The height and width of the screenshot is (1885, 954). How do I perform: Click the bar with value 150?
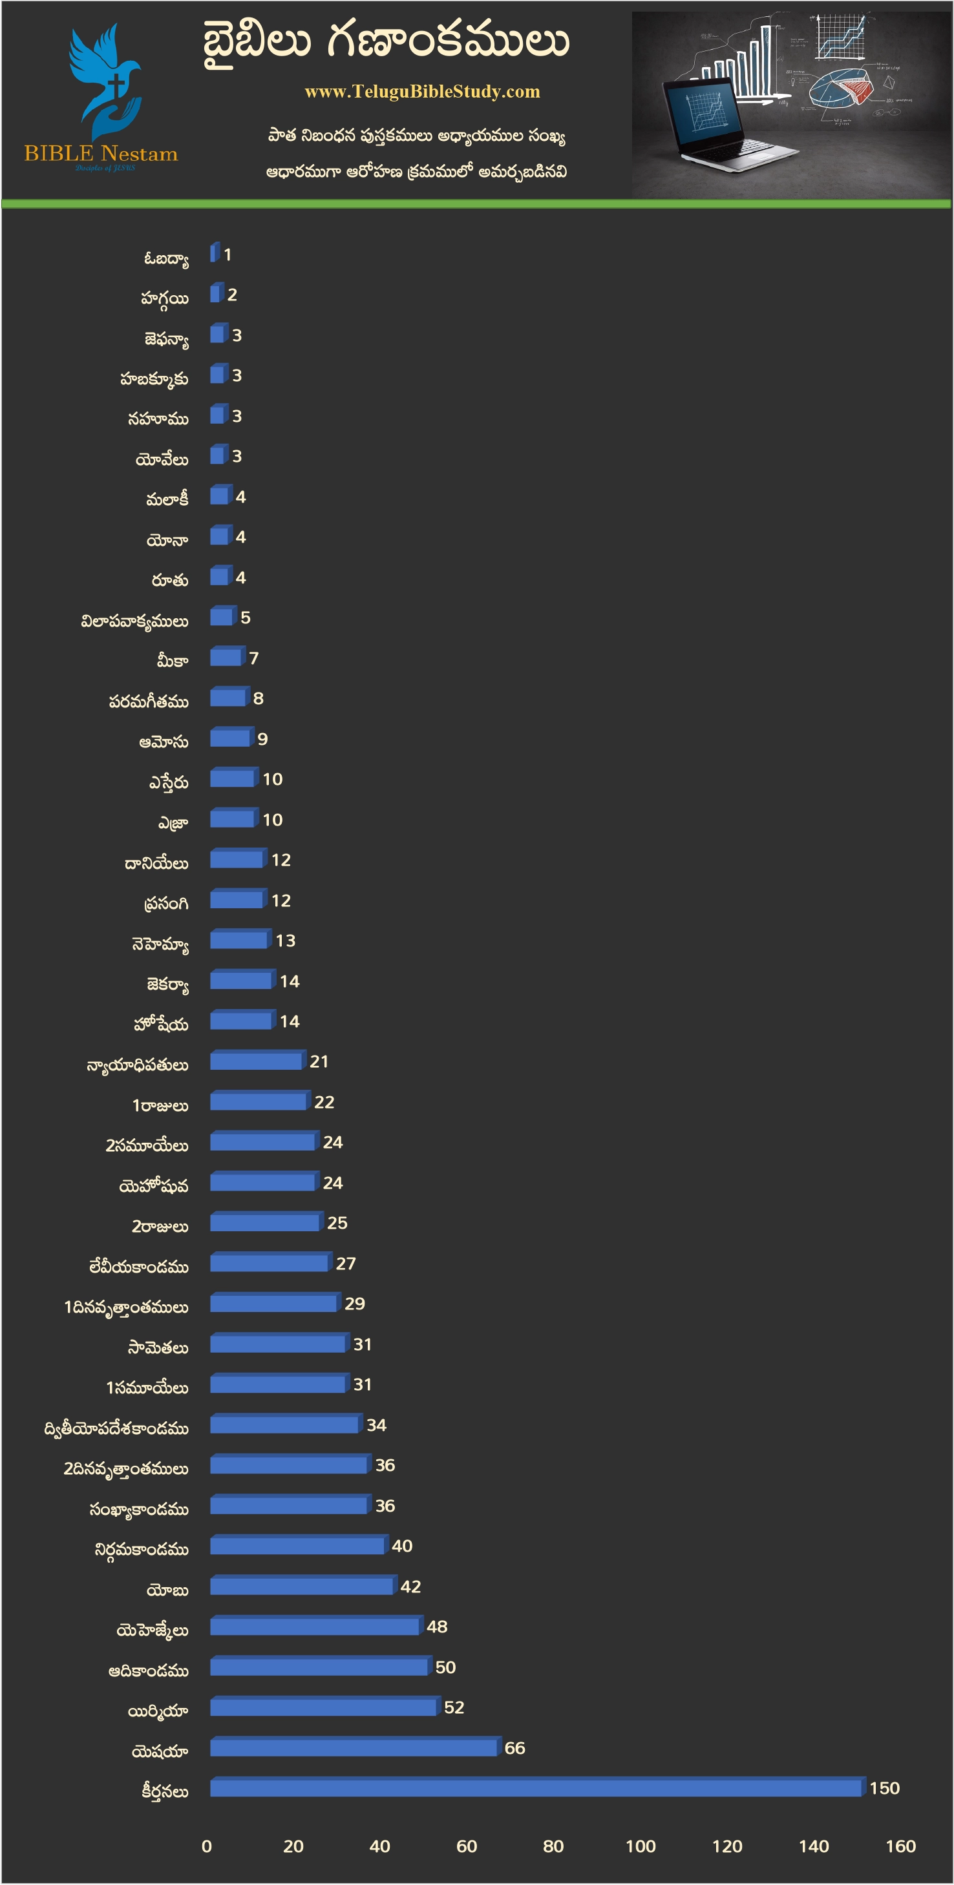(x=535, y=1788)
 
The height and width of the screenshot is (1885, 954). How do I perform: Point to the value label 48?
(x=437, y=1627)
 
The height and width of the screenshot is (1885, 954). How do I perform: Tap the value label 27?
(x=346, y=1264)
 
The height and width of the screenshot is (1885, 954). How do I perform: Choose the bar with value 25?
(x=264, y=1223)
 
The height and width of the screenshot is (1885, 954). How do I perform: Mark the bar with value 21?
(x=255, y=1061)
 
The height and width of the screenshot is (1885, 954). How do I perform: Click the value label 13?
(x=286, y=941)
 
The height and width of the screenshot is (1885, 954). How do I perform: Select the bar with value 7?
(x=226, y=658)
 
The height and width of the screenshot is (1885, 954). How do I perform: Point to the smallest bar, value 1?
(x=214, y=254)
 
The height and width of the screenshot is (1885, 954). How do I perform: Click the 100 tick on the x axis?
(x=641, y=1847)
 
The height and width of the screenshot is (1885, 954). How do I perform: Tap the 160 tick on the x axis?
(x=900, y=1847)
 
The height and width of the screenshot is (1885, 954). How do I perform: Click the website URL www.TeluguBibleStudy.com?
(x=423, y=92)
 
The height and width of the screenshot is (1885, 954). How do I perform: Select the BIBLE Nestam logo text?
(x=101, y=154)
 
